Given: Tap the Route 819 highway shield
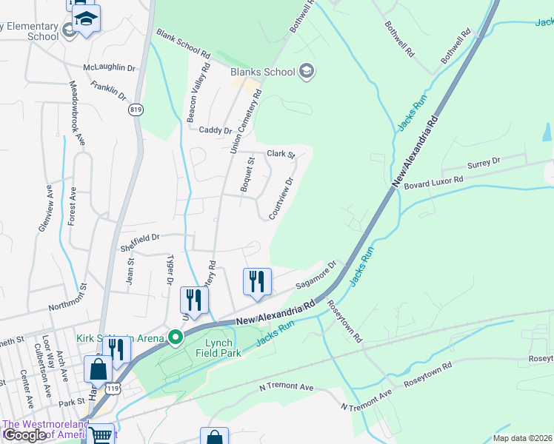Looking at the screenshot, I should tap(136, 110).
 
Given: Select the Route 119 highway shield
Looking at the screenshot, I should tap(112, 387).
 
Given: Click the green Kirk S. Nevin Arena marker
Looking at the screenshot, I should tap(176, 338).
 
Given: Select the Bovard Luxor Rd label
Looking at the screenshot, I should tap(433, 180).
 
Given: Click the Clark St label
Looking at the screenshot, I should tap(281, 154).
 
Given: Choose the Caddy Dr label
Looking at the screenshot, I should tap(216, 130).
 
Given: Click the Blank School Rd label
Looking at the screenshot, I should tap(183, 42).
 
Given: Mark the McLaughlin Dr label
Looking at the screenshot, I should tap(110, 67).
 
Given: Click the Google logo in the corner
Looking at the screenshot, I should tap(24, 434).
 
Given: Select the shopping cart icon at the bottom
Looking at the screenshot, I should tap(100, 435).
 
